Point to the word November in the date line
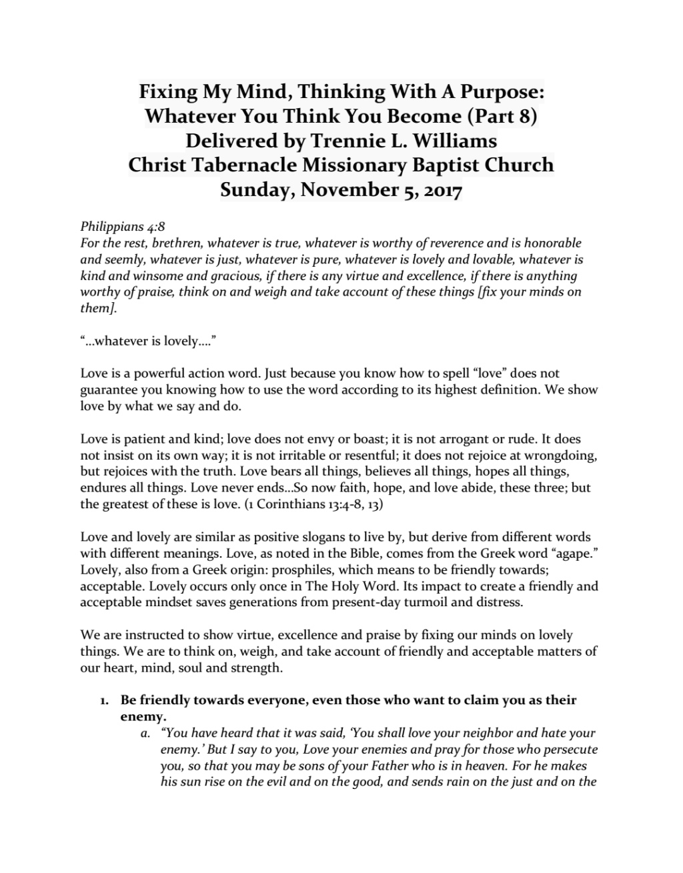[x=345, y=190]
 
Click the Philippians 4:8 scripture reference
[x=123, y=227]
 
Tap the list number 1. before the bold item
[x=104, y=700]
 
